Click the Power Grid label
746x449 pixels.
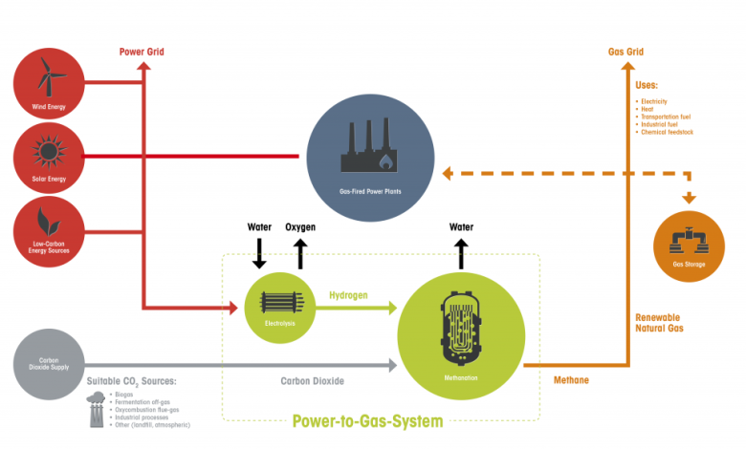(143, 51)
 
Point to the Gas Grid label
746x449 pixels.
(626, 51)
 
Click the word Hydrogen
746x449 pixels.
(350, 296)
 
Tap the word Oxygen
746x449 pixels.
(300, 227)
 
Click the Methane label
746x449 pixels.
(571, 380)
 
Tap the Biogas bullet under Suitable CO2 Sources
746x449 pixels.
(122, 393)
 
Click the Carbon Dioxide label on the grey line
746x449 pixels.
(313, 380)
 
